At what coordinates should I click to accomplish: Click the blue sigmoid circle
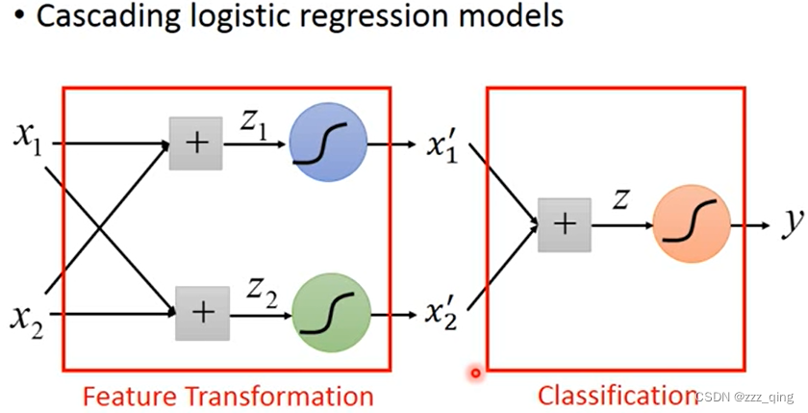(328, 142)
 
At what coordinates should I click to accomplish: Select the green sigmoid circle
(331, 313)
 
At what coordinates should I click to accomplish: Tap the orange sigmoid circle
(692, 223)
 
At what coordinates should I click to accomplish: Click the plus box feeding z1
(196, 143)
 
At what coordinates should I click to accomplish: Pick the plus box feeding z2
(203, 313)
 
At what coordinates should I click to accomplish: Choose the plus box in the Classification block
(565, 225)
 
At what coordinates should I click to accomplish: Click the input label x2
(27, 320)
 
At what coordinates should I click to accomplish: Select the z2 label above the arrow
(262, 295)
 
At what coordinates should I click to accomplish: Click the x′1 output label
(442, 147)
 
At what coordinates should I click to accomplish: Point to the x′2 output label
(442, 315)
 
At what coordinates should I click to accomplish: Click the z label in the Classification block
(620, 200)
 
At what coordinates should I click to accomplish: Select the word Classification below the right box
(618, 396)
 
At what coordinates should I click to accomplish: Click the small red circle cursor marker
(475, 373)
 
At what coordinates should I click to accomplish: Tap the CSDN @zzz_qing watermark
(745, 396)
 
